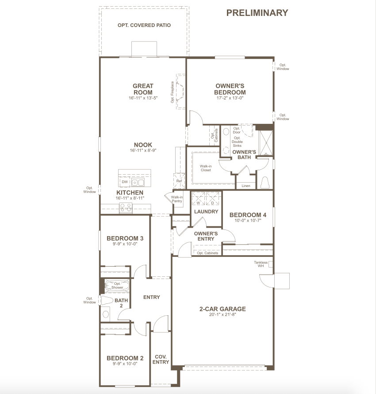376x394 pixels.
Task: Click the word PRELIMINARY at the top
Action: [257, 13]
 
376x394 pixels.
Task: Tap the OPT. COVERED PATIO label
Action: [144, 25]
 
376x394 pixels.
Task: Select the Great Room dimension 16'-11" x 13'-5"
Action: [143, 98]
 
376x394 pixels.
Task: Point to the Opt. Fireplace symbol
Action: [181, 92]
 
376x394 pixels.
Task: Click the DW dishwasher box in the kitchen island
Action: [125, 182]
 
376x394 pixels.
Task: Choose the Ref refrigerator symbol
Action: [179, 181]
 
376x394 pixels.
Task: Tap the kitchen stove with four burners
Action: [126, 207]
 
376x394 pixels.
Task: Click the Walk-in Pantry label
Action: [177, 199]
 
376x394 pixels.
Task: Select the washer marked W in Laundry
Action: [198, 199]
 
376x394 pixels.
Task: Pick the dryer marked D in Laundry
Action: [213, 199]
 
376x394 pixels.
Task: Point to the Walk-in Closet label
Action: [206, 168]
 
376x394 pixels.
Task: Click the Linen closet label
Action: [246, 186]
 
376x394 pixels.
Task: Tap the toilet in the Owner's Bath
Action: [265, 182]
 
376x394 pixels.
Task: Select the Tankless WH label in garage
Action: [261, 264]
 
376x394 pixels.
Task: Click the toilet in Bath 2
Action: [107, 300]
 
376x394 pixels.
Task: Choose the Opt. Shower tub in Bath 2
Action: [117, 286]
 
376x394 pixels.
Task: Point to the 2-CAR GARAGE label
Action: [223, 309]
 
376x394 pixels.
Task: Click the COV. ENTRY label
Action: [161, 360]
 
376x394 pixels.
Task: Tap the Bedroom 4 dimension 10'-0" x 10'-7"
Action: [248, 220]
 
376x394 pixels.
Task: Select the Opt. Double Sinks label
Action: [237, 142]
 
